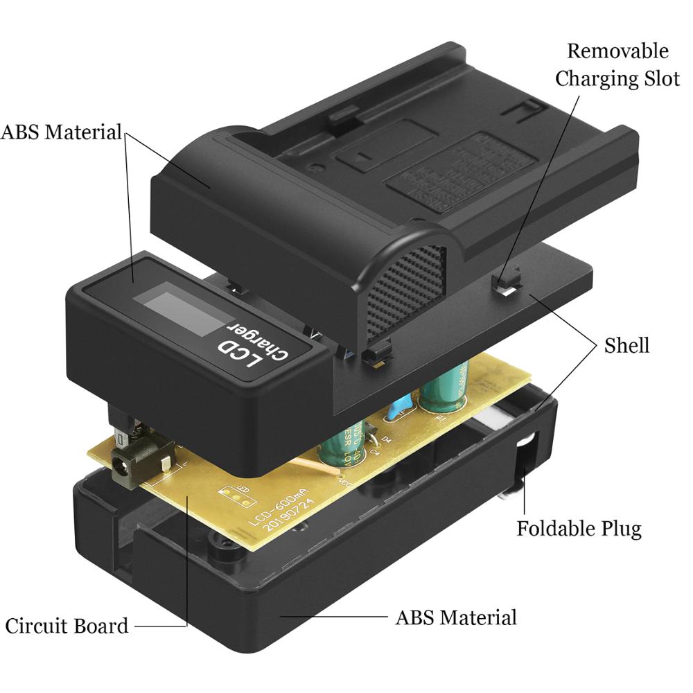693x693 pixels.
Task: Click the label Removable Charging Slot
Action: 617,64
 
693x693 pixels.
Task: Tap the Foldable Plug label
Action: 579,529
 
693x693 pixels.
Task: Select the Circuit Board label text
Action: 67,626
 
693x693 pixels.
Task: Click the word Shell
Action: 626,345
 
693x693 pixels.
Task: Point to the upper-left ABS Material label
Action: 62,132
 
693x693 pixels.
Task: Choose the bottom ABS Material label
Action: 455,617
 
